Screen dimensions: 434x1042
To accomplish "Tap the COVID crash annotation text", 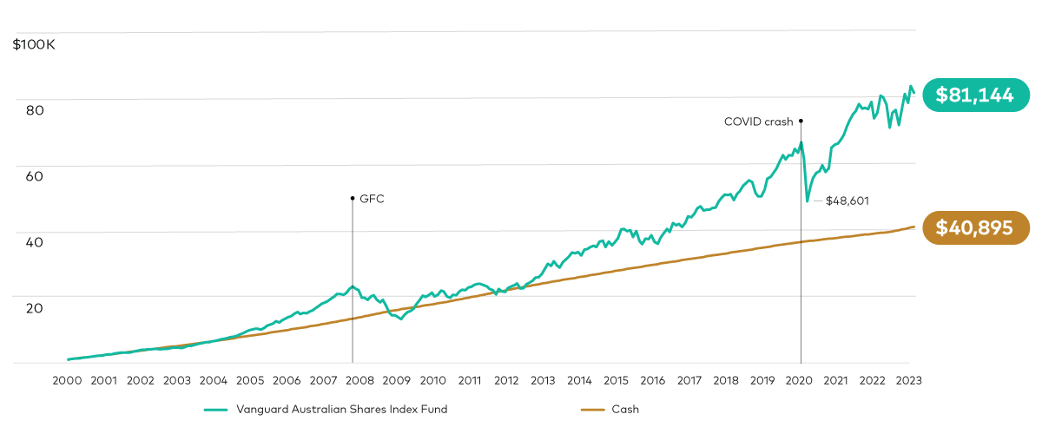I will pyautogui.click(x=758, y=122).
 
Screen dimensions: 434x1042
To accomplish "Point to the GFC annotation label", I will pyautogui.click(x=372, y=199).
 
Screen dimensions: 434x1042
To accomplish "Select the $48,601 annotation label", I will pyautogui.click(x=847, y=201).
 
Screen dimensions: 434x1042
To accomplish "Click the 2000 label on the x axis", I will pyautogui.click(x=67, y=380).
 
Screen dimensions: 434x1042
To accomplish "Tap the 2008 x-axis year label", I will pyautogui.click(x=359, y=380).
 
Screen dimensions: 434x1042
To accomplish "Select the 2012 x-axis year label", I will pyautogui.click(x=505, y=380).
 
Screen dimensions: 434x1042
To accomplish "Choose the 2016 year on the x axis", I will pyautogui.click(x=652, y=380).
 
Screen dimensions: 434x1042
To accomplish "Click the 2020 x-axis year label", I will pyautogui.click(x=798, y=380).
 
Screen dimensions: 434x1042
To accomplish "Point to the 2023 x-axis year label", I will pyautogui.click(x=907, y=380).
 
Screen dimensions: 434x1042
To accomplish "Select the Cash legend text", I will pyautogui.click(x=625, y=409).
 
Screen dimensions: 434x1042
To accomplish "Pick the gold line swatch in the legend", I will pyautogui.click(x=591, y=409).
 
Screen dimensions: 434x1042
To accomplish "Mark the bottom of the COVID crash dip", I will pyautogui.click(x=808, y=201).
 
